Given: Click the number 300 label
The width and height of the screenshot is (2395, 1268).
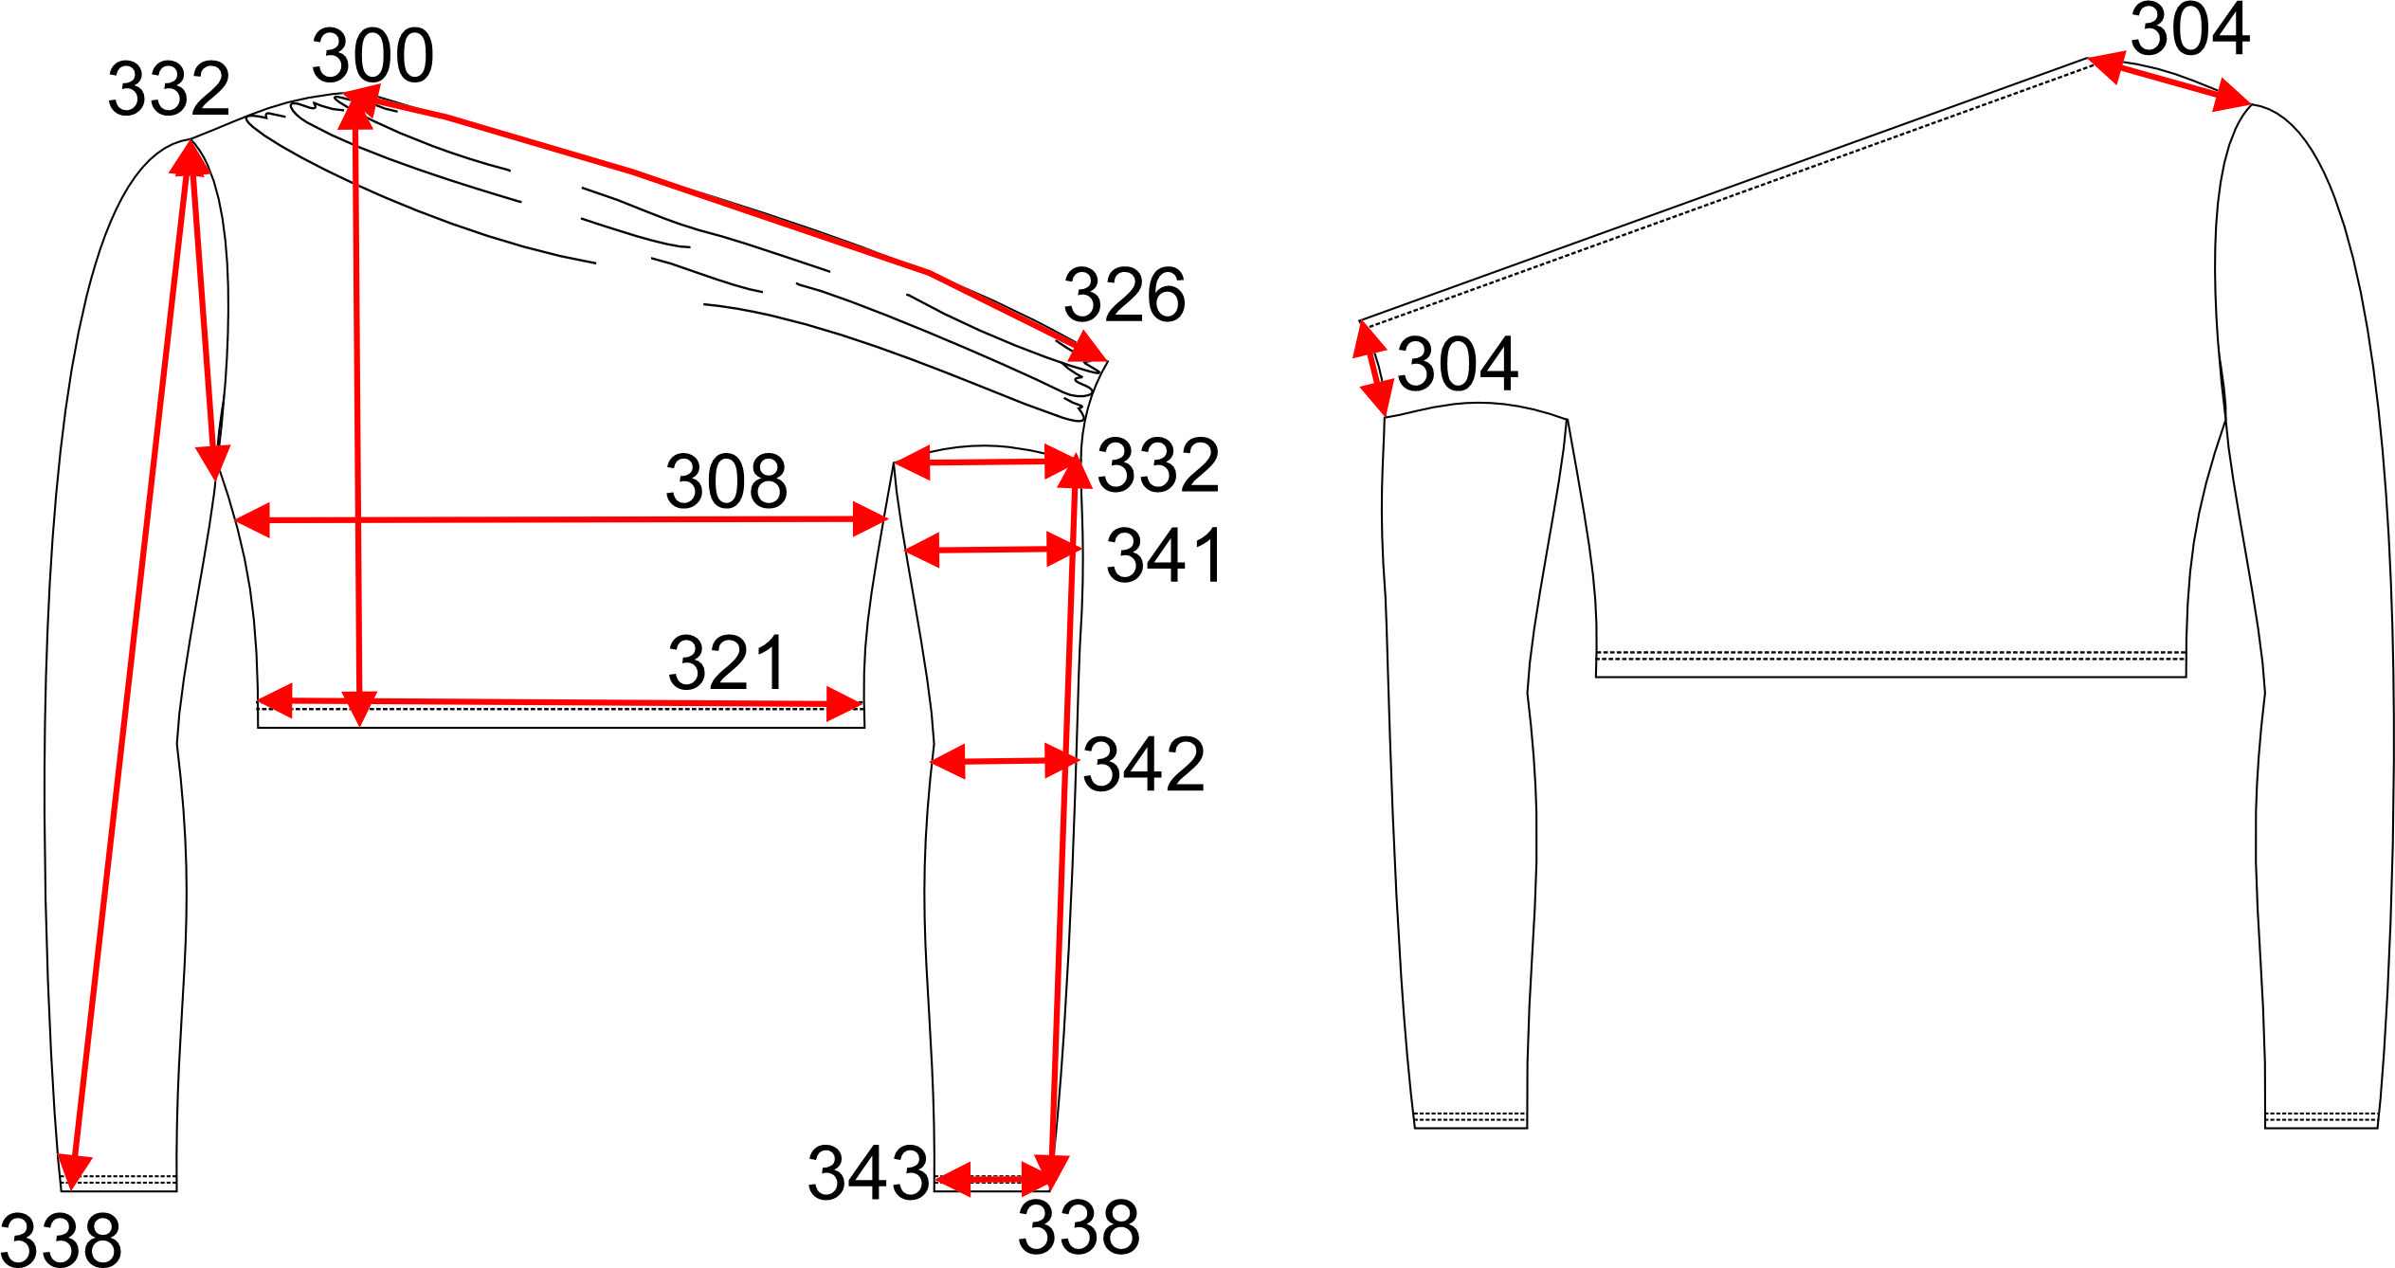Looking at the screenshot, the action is click(372, 56).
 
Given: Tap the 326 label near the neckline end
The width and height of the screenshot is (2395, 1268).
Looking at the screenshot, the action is click(1124, 296).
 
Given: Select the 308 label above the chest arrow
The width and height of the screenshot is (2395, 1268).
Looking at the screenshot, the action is click(726, 481).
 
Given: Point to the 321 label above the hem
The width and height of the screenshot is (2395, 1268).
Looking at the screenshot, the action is click(727, 663).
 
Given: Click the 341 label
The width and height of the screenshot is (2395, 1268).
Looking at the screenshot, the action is click(1165, 555).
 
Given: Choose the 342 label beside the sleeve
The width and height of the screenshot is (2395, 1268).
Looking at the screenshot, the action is click(1143, 764).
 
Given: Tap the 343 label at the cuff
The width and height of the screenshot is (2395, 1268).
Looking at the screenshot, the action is click(868, 1173).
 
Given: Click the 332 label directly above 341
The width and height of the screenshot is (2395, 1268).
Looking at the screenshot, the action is click(1158, 465).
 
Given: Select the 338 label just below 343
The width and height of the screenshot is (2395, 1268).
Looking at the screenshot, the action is click(1079, 1227).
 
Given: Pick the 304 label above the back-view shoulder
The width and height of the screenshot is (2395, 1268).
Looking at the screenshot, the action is click(2189, 29).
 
